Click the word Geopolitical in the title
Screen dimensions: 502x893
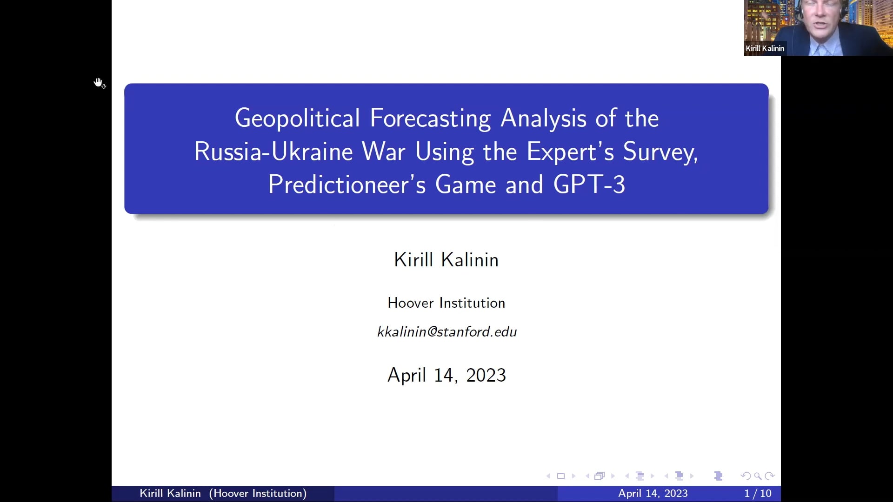[x=297, y=118]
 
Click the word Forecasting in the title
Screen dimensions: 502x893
[x=430, y=118]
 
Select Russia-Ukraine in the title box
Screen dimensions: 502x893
[x=273, y=152]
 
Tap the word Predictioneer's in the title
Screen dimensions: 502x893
[x=347, y=185]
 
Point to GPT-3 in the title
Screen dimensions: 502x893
[x=589, y=185]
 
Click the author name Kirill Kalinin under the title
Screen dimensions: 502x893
[x=446, y=260]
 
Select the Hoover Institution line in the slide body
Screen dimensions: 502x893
[x=446, y=303]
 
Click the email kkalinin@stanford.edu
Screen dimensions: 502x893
[x=446, y=332]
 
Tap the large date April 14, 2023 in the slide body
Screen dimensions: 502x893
[x=446, y=375]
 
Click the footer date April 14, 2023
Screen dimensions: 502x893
[x=653, y=494]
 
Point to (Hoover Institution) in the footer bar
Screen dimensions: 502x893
[x=258, y=494]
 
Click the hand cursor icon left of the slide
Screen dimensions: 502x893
[x=99, y=83]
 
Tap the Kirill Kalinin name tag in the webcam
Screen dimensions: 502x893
[x=765, y=48]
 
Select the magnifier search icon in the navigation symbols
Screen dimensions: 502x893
[x=758, y=476]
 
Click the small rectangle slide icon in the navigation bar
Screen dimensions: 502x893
[x=561, y=476]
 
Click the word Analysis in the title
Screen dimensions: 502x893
[x=543, y=118]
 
